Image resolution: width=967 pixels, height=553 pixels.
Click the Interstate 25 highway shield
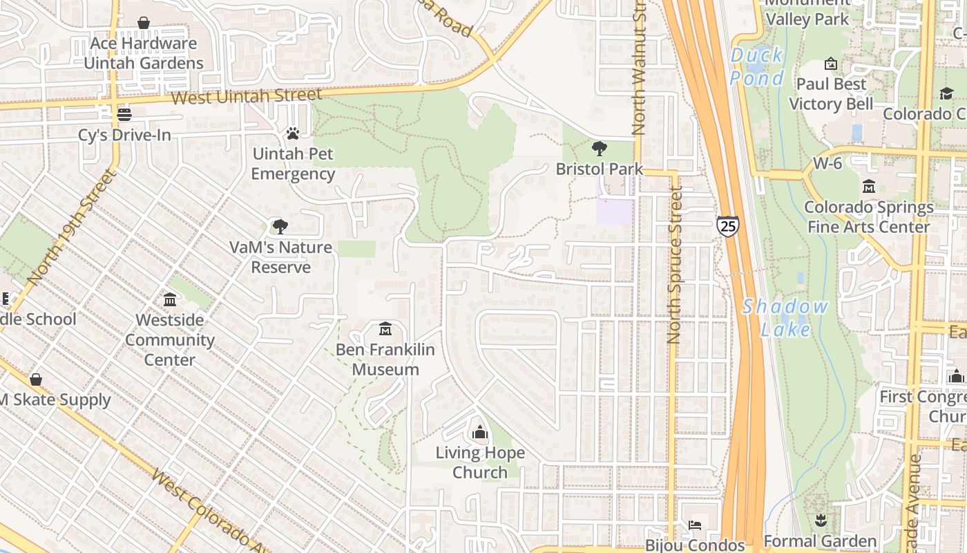tap(727, 226)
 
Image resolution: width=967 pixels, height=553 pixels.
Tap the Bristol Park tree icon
tap(599, 148)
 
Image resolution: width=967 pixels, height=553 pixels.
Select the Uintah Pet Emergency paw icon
tap(293, 133)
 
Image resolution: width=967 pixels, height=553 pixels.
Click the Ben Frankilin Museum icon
tap(385, 328)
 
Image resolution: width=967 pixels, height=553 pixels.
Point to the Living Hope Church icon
tap(479, 433)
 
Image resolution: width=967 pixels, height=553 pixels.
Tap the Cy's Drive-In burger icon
tap(124, 114)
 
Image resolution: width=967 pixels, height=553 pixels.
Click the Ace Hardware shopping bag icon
tap(144, 23)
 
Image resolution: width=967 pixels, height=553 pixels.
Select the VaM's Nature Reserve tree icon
tap(280, 226)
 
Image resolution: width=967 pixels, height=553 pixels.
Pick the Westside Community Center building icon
tap(170, 299)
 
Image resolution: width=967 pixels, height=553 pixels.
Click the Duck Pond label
tap(757, 66)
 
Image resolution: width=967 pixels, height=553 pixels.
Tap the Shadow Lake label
tap(785, 318)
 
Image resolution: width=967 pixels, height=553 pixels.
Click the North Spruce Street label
tap(674, 266)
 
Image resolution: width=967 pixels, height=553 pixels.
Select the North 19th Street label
tap(69, 228)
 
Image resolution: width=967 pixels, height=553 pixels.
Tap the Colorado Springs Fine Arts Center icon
tap(868, 186)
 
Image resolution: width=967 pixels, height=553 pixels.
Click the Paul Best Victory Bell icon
tap(831, 64)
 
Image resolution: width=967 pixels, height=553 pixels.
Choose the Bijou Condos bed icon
tap(695, 525)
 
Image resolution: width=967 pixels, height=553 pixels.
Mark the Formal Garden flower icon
tap(821, 520)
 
